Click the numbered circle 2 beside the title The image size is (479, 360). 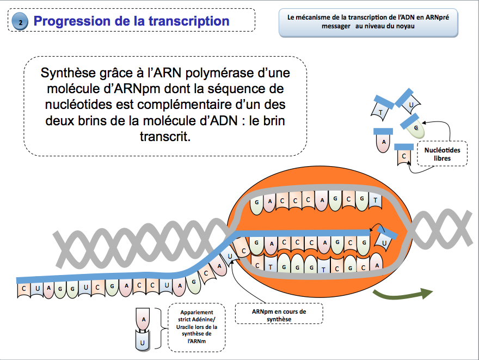20,21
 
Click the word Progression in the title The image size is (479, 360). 72,21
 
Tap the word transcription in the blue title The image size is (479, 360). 189,21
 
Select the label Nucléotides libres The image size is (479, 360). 442,154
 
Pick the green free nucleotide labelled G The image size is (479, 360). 413,126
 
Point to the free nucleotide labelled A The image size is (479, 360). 383,141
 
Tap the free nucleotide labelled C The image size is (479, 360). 404,155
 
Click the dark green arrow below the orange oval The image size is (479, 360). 403,294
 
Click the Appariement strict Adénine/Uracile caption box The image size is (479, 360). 196,327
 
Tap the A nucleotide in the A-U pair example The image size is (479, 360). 143,320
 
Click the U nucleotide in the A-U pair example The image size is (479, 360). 143,340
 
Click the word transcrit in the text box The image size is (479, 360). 165,136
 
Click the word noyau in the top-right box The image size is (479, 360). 405,26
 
